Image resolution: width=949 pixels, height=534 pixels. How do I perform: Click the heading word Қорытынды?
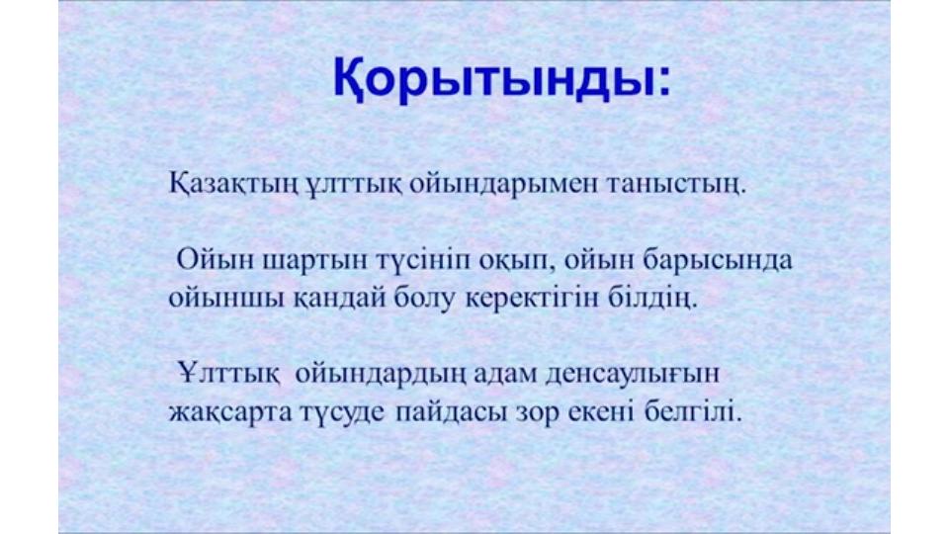(x=494, y=79)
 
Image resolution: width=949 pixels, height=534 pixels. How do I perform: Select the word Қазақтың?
(x=233, y=184)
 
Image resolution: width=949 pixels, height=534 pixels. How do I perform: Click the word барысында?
(x=718, y=261)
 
